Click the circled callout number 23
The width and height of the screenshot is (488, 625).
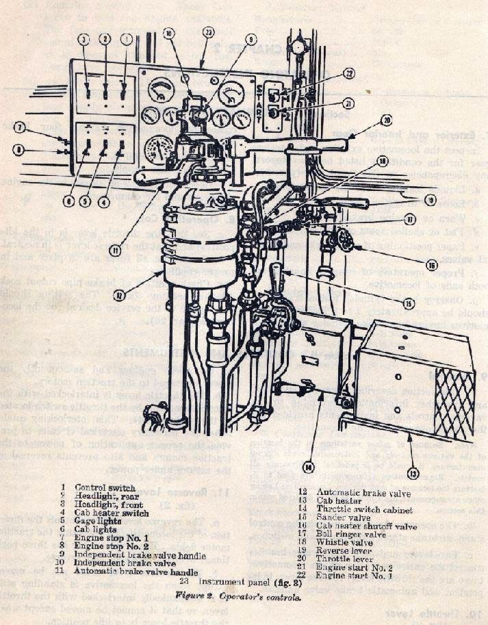(x=208, y=31)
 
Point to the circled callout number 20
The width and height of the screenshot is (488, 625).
(x=387, y=120)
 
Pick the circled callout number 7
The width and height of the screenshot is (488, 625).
(x=21, y=127)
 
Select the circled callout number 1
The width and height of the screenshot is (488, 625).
(x=127, y=40)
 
